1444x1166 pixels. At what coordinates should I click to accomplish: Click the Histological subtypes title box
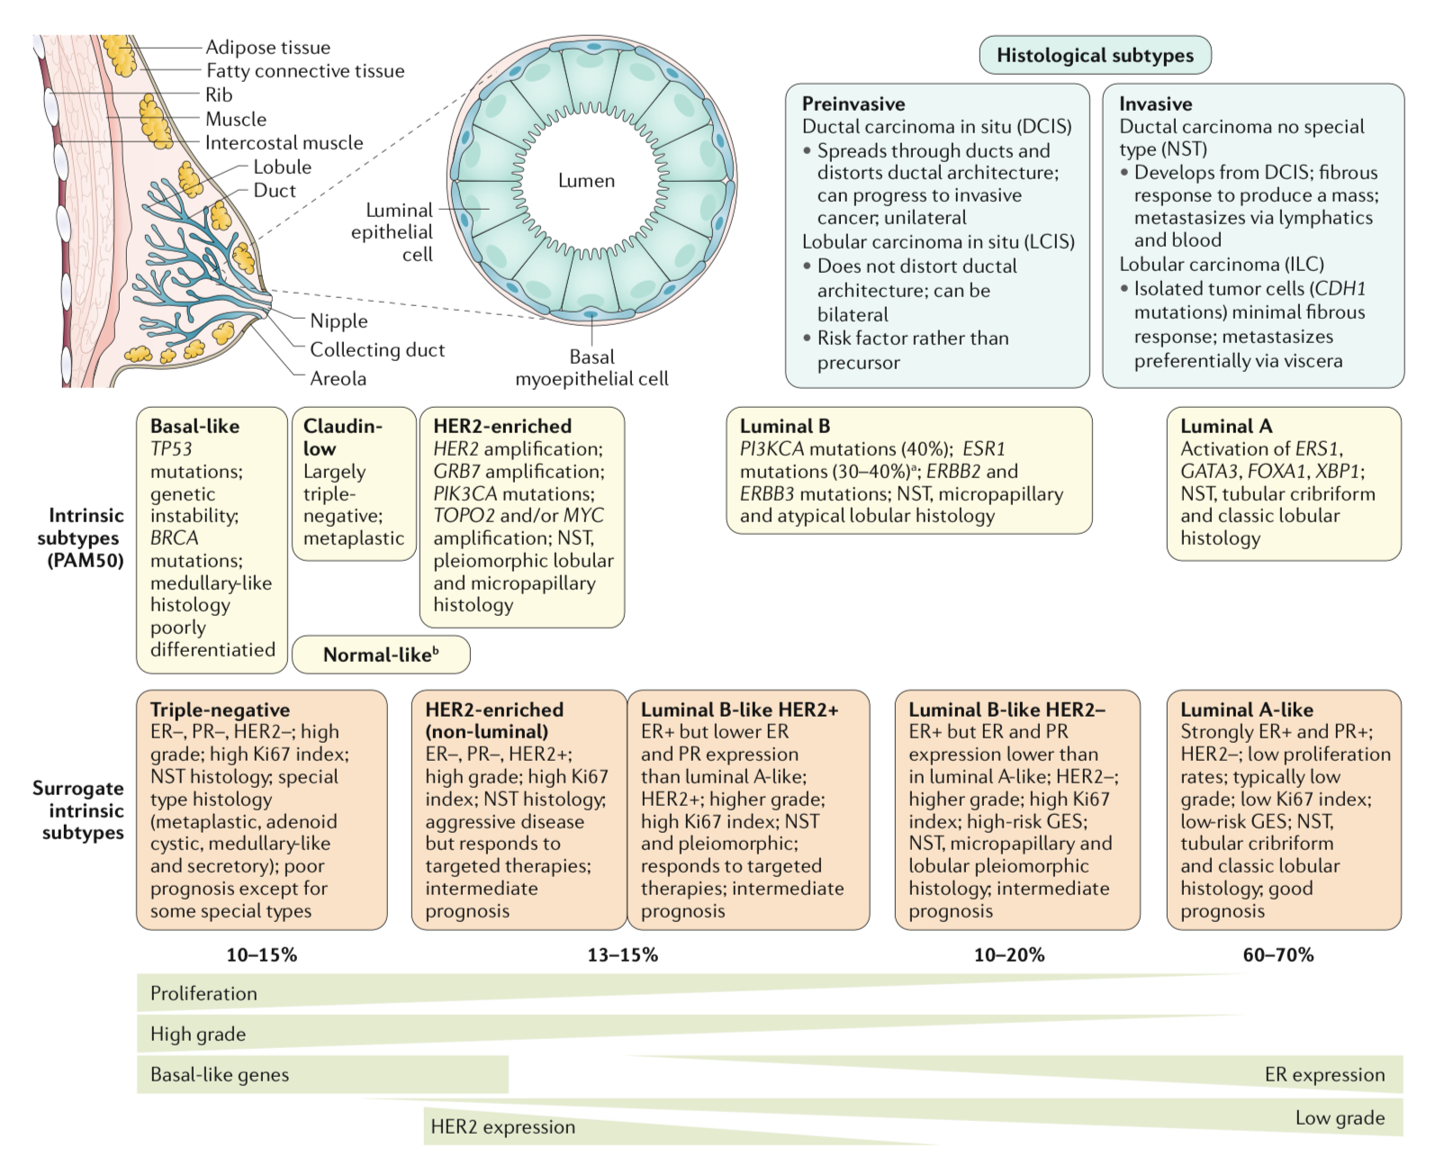click(1095, 55)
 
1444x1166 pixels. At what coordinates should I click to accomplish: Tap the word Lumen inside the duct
click(586, 181)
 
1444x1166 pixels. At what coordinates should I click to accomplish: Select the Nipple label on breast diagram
click(338, 321)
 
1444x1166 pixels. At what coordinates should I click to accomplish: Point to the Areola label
click(338, 379)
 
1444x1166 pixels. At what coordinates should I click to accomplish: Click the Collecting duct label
click(377, 350)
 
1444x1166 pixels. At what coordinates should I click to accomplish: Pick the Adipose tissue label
click(267, 48)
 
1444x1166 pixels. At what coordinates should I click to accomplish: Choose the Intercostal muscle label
click(284, 143)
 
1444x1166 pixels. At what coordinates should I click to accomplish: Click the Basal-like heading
click(194, 427)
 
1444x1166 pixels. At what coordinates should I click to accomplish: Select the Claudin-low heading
click(343, 437)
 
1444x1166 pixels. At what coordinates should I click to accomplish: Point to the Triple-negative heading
click(220, 710)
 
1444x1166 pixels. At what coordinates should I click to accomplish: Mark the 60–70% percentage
click(1277, 955)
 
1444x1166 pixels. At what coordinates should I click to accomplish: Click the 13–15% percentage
click(622, 955)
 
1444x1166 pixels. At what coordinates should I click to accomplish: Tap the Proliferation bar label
click(203, 994)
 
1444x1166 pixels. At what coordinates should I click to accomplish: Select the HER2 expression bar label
click(502, 1127)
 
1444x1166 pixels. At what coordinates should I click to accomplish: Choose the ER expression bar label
click(1324, 1075)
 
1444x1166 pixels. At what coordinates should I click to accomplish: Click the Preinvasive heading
click(853, 104)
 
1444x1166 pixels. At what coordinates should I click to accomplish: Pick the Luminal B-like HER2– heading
click(1006, 710)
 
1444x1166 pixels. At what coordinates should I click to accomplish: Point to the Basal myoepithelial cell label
click(591, 368)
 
